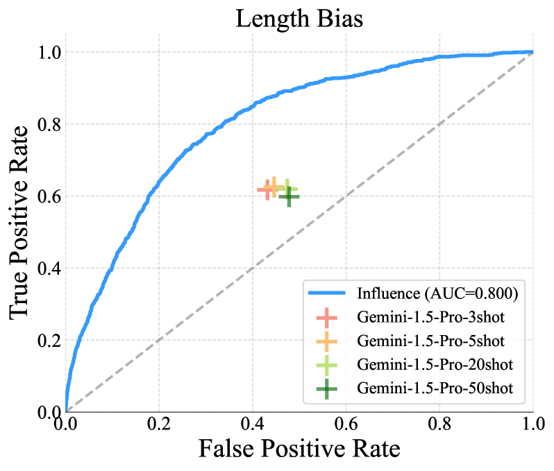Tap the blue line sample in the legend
[327, 293]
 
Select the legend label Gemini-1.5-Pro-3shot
[430, 318]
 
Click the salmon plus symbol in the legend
[327, 318]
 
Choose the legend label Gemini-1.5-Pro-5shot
[430, 341]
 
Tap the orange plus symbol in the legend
[327, 341]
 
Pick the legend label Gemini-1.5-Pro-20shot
[434, 365]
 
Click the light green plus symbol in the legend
[327, 365]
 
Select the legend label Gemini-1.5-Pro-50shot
[434, 388]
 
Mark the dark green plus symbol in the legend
[327, 388]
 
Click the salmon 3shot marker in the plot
[267, 189]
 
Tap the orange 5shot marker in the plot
[274, 187]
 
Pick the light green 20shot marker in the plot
[287, 189]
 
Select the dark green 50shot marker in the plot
[289, 196]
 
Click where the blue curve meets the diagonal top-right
[532, 51]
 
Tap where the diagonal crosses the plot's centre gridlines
[346, 196]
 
